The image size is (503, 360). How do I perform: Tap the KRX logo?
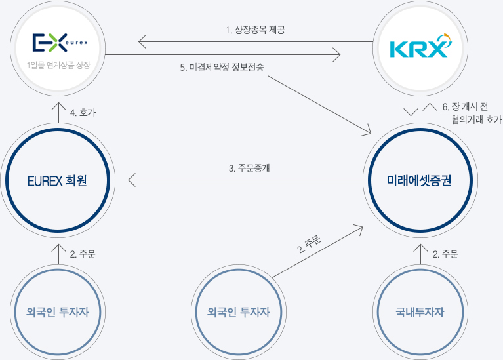point(420,48)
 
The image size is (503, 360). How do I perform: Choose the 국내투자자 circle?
point(420,312)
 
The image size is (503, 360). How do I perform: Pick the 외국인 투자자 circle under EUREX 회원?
point(59,312)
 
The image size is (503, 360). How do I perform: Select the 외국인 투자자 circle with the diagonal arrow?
point(239,312)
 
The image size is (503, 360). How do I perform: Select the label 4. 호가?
point(83,113)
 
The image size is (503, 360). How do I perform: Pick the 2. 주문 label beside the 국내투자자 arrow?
point(445,254)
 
